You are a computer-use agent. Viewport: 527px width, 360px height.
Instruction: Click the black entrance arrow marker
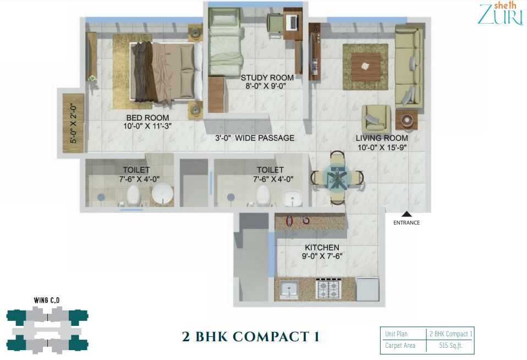coord(407,214)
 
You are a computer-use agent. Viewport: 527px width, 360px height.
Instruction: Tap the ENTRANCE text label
coord(407,223)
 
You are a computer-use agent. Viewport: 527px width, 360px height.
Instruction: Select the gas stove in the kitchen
coord(328,288)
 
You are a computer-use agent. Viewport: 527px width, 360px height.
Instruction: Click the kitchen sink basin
coord(288,290)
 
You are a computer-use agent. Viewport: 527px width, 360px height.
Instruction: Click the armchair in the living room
coord(376,118)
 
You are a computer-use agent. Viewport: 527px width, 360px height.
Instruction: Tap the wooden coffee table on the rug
coord(366,67)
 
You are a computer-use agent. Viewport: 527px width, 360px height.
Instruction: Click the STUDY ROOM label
coord(267,78)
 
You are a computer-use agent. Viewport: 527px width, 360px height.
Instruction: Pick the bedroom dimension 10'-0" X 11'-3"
coord(147,126)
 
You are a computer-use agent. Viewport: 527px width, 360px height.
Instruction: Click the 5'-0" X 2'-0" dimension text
coord(74,123)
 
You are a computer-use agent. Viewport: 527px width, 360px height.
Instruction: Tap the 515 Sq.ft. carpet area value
coord(451,346)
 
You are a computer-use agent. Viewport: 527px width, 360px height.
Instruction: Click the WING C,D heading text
coord(47,301)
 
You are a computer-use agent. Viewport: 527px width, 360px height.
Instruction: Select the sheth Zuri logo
coord(501,14)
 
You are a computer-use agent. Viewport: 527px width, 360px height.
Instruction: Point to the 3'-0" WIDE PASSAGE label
coord(255,138)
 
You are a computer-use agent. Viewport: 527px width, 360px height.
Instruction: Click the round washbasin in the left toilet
coord(162,194)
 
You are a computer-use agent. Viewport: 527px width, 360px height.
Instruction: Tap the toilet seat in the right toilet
coord(262,195)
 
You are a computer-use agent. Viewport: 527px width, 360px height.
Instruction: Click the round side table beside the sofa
coord(407,119)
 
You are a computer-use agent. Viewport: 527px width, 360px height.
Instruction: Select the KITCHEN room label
coord(322,247)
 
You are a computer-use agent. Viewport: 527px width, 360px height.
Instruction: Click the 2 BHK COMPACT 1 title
coord(251,336)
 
